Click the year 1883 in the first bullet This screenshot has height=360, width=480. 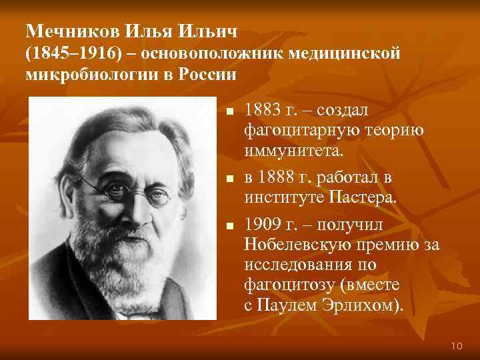pyautogui.click(x=263, y=108)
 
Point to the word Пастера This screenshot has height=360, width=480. pyautogui.click(x=364, y=197)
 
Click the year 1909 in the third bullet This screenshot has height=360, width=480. pyautogui.click(x=263, y=222)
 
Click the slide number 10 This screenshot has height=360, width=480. pyautogui.click(x=457, y=345)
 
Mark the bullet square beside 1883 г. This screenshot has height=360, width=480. pyautogui.click(x=228, y=110)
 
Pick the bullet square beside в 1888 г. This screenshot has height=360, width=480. pyautogui.click(x=228, y=179)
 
